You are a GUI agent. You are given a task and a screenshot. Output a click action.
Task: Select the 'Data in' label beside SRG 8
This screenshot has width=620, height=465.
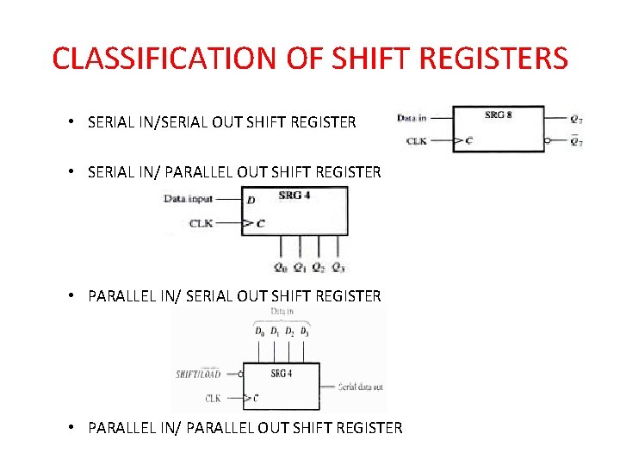tap(412, 118)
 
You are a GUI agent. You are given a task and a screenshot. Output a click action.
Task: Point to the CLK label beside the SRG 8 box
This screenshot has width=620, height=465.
tap(416, 140)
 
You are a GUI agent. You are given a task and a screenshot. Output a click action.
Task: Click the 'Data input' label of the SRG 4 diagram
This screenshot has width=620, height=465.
tap(189, 199)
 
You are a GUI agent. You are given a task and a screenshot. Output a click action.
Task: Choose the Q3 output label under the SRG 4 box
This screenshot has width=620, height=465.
tap(338, 267)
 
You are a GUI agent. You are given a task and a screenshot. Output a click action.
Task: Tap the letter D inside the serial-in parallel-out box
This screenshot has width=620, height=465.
tap(251, 200)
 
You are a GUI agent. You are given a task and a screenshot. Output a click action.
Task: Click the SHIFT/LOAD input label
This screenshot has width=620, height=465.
tap(198, 374)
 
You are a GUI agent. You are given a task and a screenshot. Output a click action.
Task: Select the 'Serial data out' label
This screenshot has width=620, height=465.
tap(362, 387)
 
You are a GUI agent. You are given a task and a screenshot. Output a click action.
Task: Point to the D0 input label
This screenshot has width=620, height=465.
tap(259, 331)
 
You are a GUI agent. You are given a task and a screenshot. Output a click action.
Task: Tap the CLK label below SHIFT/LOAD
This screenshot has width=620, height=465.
tap(213, 398)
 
